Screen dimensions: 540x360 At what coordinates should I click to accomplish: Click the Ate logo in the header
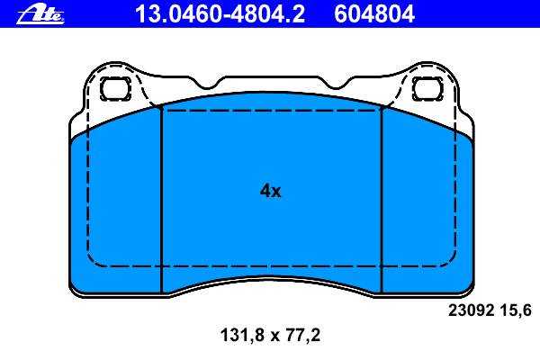tap(40, 15)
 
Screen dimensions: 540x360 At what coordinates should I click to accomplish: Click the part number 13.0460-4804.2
tap(220, 14)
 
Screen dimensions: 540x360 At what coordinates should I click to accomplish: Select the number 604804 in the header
tap(374, 14)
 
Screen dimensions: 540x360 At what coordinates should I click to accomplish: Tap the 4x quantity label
tap(270, 191)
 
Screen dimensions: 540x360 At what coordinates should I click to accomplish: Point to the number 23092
tap(471, 310)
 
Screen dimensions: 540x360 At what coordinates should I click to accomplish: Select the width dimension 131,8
tap(242, 335)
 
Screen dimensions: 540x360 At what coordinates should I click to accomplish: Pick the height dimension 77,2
tap(303, 335)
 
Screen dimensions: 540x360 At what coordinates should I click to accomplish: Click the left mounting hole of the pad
tap(115, 89)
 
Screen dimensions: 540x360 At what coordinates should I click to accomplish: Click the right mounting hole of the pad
tap(427, 89)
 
